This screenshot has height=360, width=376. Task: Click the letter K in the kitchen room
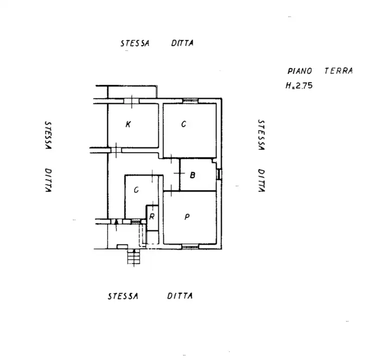tap(128, 124)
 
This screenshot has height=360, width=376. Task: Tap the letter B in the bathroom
tap(193, 175)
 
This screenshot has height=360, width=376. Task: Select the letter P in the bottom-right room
tap(187, 217)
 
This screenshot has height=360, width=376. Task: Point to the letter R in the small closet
tap(152, 216)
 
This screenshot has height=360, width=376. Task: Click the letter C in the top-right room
tap(184, 124)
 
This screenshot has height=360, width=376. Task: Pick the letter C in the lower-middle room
tap(136, 190)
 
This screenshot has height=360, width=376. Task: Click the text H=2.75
tap(299, 85)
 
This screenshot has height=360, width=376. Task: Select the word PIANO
tap(300, 71)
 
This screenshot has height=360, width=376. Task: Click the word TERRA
tap(338, 71)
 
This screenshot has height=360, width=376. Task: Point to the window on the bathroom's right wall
tap(219, 174)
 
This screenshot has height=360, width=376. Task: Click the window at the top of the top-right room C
tap(190, 101)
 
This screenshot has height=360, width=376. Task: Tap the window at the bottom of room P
tap(190, 246)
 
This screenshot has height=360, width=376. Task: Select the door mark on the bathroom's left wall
tap(180, 172)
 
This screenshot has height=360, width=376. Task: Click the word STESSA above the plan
tap(135, 43)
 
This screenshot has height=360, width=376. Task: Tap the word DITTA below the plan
tap(180, 296)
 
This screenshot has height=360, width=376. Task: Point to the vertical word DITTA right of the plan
tap(260, 180)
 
